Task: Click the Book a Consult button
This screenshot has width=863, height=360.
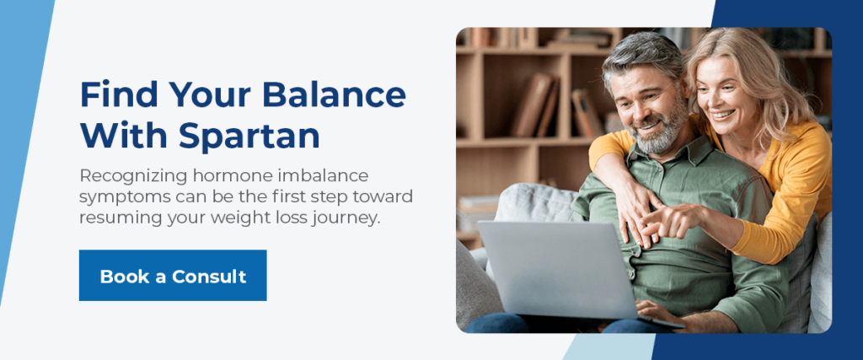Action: tap(173, 275)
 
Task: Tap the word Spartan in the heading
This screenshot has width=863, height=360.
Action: tap(249, 137)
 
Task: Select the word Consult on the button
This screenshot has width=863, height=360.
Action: tap(209, 276)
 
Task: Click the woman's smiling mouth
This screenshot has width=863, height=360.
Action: tap(723, 115)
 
